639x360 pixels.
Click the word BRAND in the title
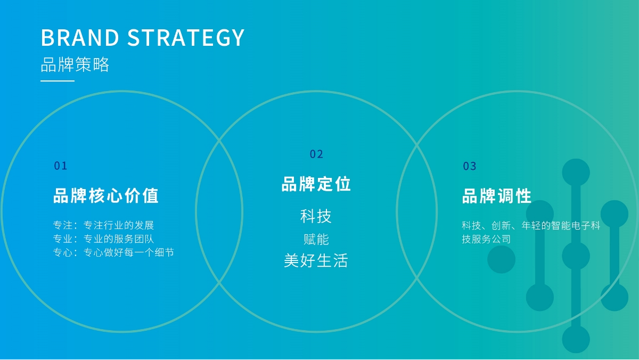click(x=80, y=37)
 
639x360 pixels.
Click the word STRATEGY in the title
click(x=186, y=37)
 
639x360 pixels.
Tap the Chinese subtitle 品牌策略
click(x=75, y=64)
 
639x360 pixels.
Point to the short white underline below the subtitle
click(x=58, y=81)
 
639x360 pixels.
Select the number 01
click(x=61, y=166)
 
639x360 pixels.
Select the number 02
click(x=316, y=154)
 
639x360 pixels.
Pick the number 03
click(x=470, y=166)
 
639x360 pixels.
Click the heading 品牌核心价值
click(x=106, y=195)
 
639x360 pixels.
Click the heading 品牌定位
click(x=316, y=184)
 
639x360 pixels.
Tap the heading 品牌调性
click(x=497, y=196)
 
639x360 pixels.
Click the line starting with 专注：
click(x=103, y=225)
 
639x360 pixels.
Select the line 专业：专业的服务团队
click(x=103, y=239)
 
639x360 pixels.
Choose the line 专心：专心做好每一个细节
click(x=113, y=252)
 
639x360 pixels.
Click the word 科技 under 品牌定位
click(x=316, y=216)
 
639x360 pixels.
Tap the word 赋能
click(x=316, y=239)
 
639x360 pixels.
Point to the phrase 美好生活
click(x=316, y=260)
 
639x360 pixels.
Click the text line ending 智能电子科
click(x=531, y=226)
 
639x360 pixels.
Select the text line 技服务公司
click(x=486, y=239)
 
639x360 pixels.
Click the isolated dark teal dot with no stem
click(x=501, y=259)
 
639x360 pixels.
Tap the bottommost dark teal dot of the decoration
click(x=576, y=339)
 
